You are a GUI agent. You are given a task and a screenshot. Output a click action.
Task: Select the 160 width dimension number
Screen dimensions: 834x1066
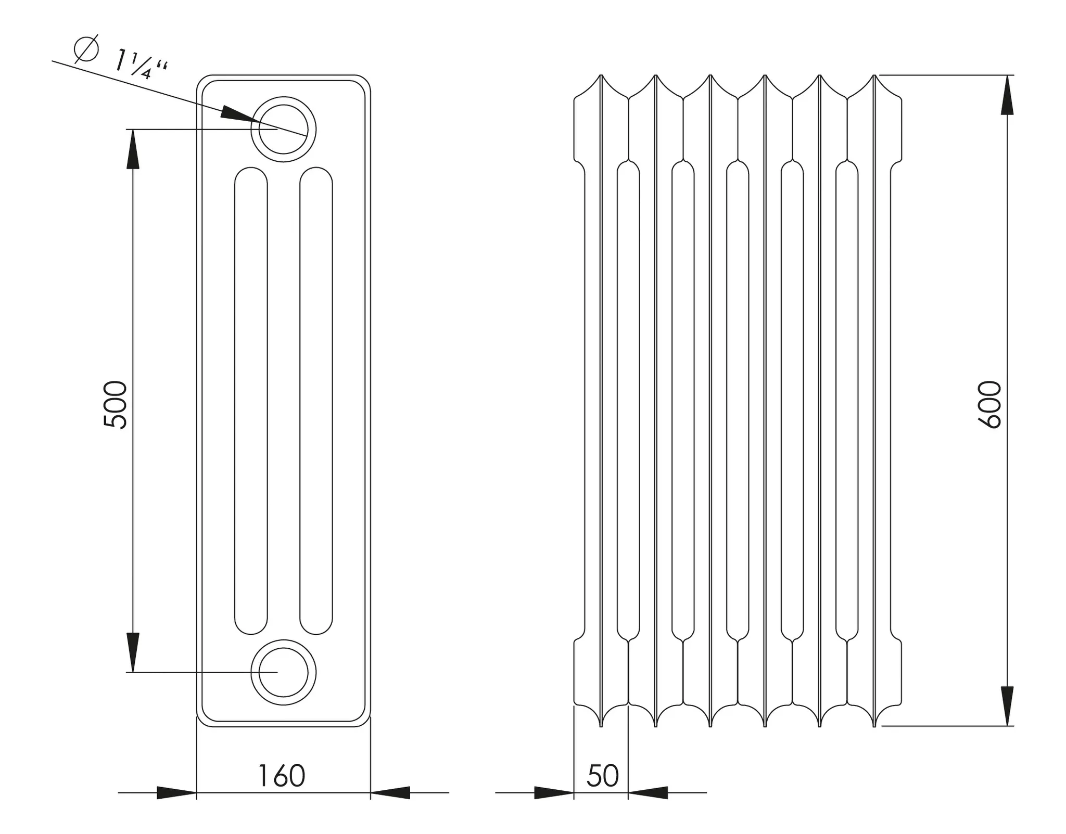click(x=282, y=776)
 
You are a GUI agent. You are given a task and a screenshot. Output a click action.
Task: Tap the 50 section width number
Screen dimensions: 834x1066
click(x=602, y=776)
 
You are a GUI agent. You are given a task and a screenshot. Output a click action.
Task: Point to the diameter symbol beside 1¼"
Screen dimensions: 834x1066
click(x=86, y=49)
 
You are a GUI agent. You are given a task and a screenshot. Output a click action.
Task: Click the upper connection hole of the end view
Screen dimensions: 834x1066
click(x=283, y=129)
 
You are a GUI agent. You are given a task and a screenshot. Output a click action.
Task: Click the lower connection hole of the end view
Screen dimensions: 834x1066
click(x=283, y=672)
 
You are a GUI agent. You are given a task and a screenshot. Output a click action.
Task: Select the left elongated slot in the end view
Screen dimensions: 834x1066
click(x=251, y=401)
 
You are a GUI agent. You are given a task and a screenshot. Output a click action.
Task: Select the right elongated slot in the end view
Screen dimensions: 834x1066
click(x=316, y=401)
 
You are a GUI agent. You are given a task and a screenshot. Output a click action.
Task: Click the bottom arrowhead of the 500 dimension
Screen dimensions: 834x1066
click(x=133, y=652)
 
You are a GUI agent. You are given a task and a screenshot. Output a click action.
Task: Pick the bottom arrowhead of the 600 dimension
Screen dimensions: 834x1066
click(x=1007, y=706)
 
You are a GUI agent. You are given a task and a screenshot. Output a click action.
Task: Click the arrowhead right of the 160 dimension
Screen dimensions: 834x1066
click(x=390, y=792)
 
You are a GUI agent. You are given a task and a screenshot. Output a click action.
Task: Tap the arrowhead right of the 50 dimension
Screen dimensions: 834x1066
click(x=648, y=792)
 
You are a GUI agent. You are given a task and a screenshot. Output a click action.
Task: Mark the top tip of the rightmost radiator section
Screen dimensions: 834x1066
click(x=874, y=76)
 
